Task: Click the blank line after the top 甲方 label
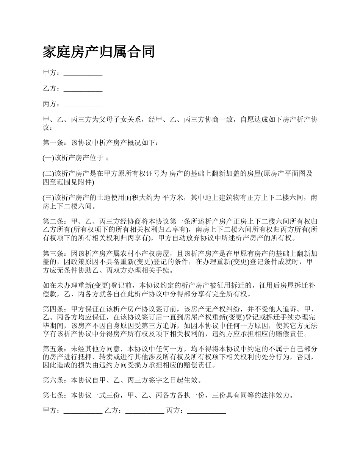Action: tap(83, 73)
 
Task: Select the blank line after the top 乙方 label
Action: tap(83, 89)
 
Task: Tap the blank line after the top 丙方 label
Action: tap(83, 105)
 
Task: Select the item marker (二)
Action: tap(49, 174)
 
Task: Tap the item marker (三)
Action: tap(49, 197)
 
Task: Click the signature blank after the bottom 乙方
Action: tap(144, 411)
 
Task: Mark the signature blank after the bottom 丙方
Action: tap(207, 411)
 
